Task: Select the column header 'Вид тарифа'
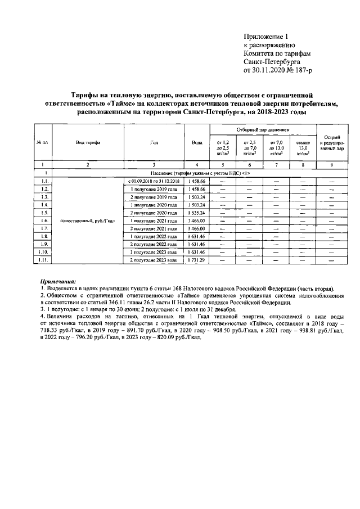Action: click(x=88, y=143)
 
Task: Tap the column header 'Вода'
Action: click(x=196, y=143)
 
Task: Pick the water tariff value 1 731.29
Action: click(x=197, y=261)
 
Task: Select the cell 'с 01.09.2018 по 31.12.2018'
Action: click(x=154, y=182)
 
